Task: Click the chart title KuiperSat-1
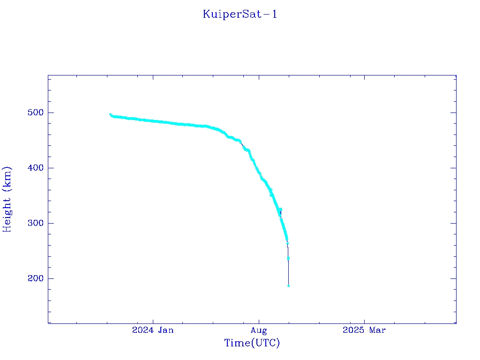[240, 15]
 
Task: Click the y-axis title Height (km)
[7, 199]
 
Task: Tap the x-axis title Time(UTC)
[252, 343]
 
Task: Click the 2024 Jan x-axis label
[153, 330]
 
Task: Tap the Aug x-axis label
[258, 330]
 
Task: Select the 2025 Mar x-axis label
[364, 330]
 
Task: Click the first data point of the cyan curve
[111, 114]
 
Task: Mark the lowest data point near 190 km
[288, 285]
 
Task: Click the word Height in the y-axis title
[7, 211]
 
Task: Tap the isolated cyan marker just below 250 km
[288, 258]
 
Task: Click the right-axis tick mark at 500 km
[453, 112]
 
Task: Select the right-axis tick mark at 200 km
[453, 278]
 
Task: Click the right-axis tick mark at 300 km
[453, 223]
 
